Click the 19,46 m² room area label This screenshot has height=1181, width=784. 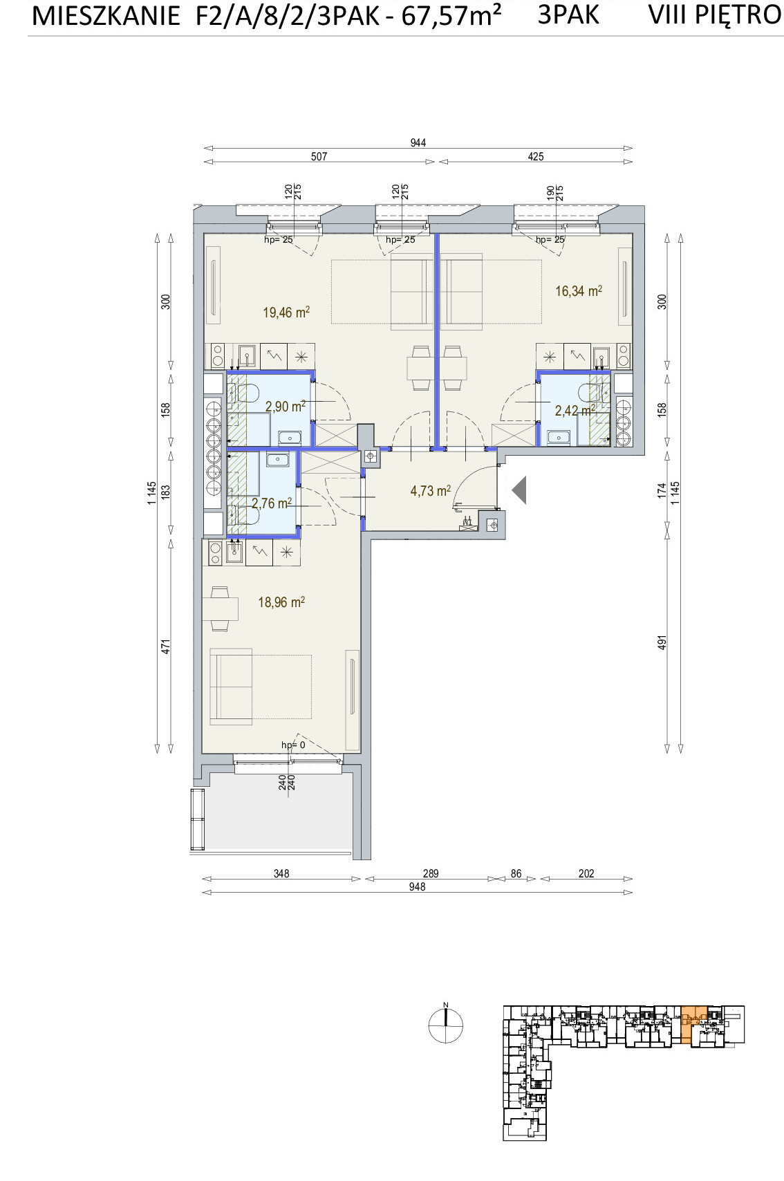[286, 312]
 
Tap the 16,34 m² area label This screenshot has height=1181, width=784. [579, 290]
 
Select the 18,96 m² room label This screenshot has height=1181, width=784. [281, 602]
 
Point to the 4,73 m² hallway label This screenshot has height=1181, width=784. [430, 491]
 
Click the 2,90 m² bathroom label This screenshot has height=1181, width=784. [286, 406]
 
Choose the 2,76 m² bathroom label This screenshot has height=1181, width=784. [272, 503]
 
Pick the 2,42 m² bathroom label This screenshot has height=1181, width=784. [575, 409]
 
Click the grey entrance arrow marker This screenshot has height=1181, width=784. [519, 490]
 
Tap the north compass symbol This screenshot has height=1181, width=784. [445, 1025]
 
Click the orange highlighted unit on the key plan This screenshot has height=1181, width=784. [693, 1023]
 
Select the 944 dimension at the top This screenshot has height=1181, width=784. [418, 142]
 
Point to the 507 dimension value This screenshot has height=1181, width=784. [319, 156]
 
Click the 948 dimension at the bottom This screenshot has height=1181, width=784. [417, 887]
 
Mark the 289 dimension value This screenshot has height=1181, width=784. [431, 873]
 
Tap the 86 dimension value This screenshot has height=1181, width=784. [516, 873]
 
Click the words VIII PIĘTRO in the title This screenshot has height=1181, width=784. [714, 15]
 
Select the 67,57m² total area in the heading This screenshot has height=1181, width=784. [451, 15]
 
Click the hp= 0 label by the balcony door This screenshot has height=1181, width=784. [293, 745]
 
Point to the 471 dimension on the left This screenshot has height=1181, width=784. [165, 647]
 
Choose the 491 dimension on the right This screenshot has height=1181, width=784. [662, 642]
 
